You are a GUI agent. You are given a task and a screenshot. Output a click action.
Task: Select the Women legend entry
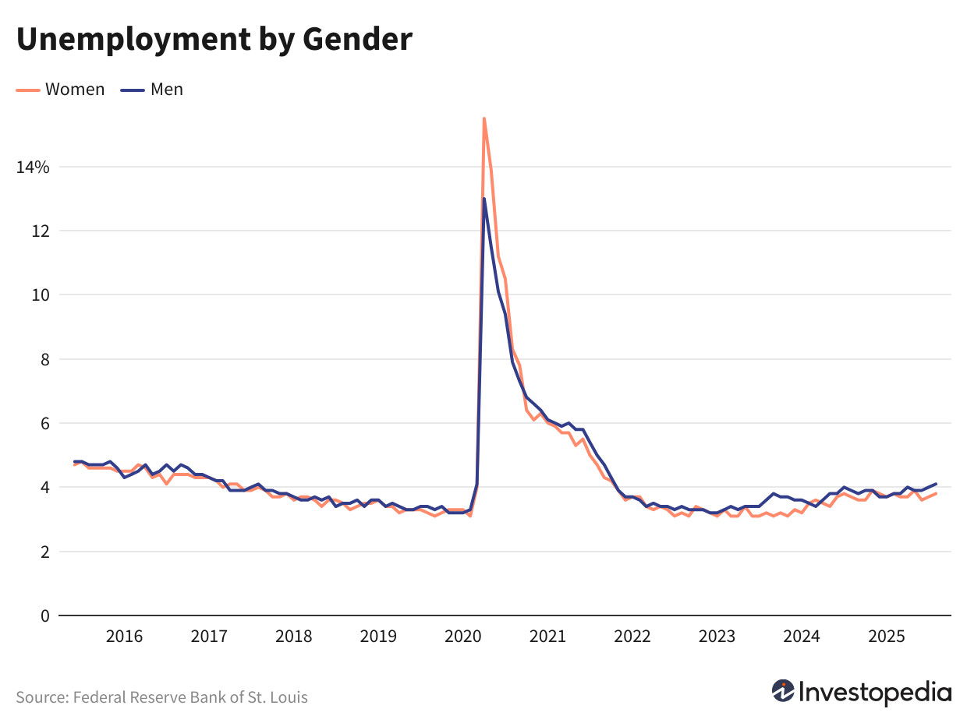74,90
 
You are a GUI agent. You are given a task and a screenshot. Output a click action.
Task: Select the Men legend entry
166,90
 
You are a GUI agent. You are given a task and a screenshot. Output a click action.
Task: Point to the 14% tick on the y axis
33,167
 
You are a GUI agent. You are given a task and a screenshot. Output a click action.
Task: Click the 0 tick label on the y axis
44,615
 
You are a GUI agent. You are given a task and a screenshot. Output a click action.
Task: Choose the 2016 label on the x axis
124,637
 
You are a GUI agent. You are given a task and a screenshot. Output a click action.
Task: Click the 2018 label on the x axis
294,637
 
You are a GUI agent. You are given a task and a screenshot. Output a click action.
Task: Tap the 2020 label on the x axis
463,637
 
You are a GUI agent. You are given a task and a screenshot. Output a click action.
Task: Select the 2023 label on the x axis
717,637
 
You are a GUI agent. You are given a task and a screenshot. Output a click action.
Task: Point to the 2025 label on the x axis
886,637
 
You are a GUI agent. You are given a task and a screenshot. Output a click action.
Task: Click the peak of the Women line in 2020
483,118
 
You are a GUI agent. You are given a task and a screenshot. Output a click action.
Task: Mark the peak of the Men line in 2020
484,199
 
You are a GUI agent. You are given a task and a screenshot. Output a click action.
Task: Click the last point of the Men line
936,484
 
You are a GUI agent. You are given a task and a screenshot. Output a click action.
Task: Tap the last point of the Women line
936,493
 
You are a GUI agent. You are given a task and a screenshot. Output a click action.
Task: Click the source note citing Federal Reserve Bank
161,697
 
